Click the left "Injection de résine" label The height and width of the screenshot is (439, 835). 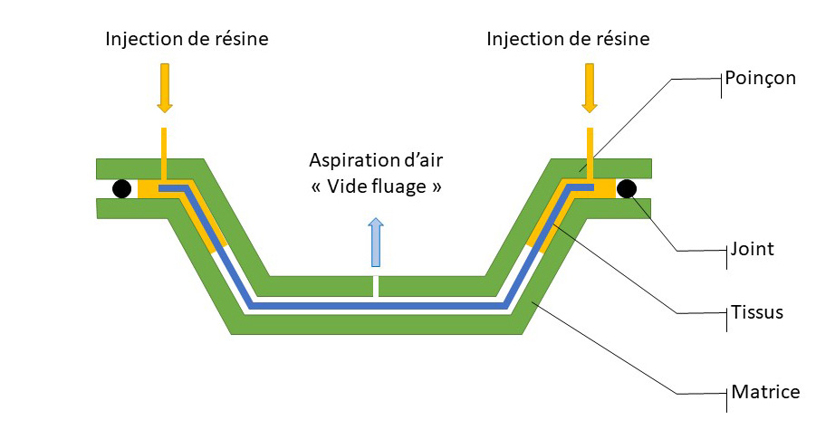[187, 39]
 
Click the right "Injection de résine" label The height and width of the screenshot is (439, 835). [568, 39]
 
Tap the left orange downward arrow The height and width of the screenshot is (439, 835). [164, 88]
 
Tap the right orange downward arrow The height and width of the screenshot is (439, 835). [590, 88]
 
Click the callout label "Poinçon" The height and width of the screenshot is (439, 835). [760, 78]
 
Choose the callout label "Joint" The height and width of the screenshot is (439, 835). [753, 248]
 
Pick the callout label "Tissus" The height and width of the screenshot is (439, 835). [756, 312]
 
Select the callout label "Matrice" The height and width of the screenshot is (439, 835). [765, 392]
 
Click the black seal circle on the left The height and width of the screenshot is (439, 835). [120, 188]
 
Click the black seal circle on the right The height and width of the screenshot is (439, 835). [626, 188]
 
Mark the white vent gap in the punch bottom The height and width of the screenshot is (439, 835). [376, 287]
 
